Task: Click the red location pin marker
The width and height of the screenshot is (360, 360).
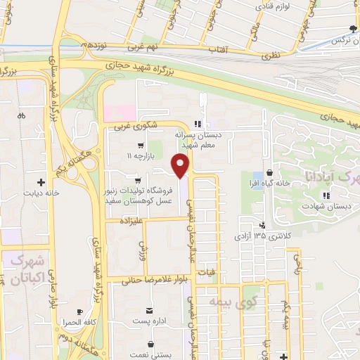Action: click(x=181, y=167)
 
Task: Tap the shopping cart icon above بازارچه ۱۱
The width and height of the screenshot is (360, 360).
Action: click(x=130, y=146)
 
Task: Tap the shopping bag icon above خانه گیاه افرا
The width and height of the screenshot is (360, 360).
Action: click(x=269, y=174)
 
